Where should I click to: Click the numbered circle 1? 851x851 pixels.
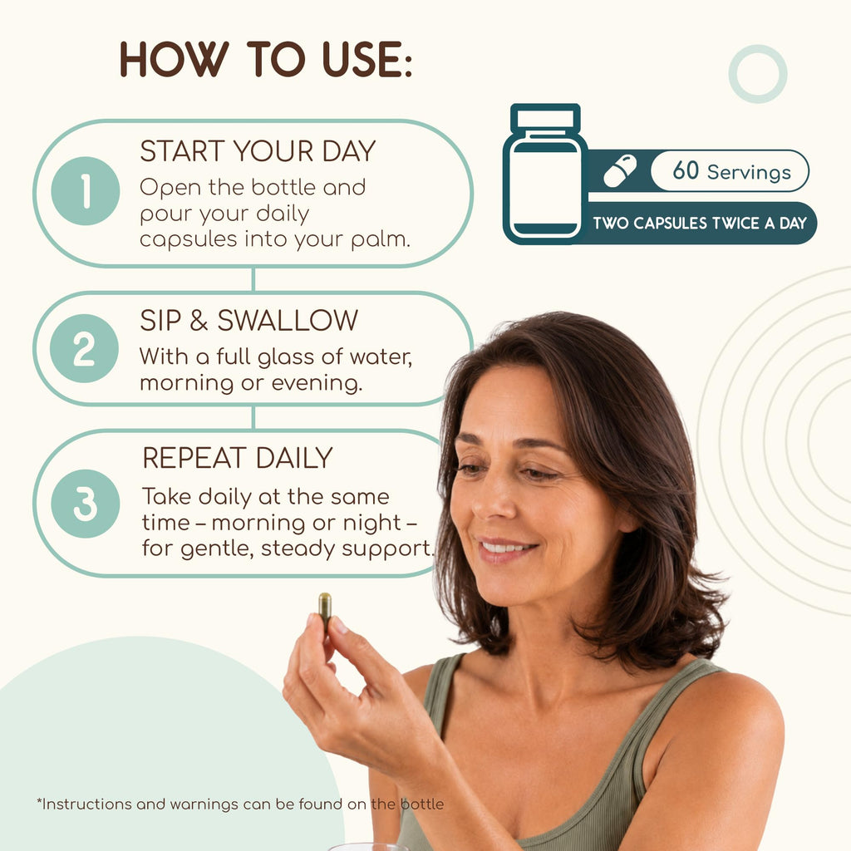click(86, 191)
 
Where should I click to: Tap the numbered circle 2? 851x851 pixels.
click(84, 348)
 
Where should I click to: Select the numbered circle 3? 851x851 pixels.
click(86, 504)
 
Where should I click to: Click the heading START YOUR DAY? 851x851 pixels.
click(258, 151)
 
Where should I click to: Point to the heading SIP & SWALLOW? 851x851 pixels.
click(249, 320)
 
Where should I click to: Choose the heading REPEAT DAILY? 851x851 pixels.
click(237, 458)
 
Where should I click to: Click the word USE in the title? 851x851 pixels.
click(366, 59)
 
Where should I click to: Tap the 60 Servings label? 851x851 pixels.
click(731, 171)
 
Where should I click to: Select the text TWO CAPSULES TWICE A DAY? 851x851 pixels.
click(700, 223)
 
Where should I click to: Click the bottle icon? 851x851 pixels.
click(545, 174)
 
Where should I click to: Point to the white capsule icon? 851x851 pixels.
click(620, 171)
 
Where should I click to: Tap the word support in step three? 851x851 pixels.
click(388, 548)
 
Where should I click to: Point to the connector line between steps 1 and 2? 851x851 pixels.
click(253, 279)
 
